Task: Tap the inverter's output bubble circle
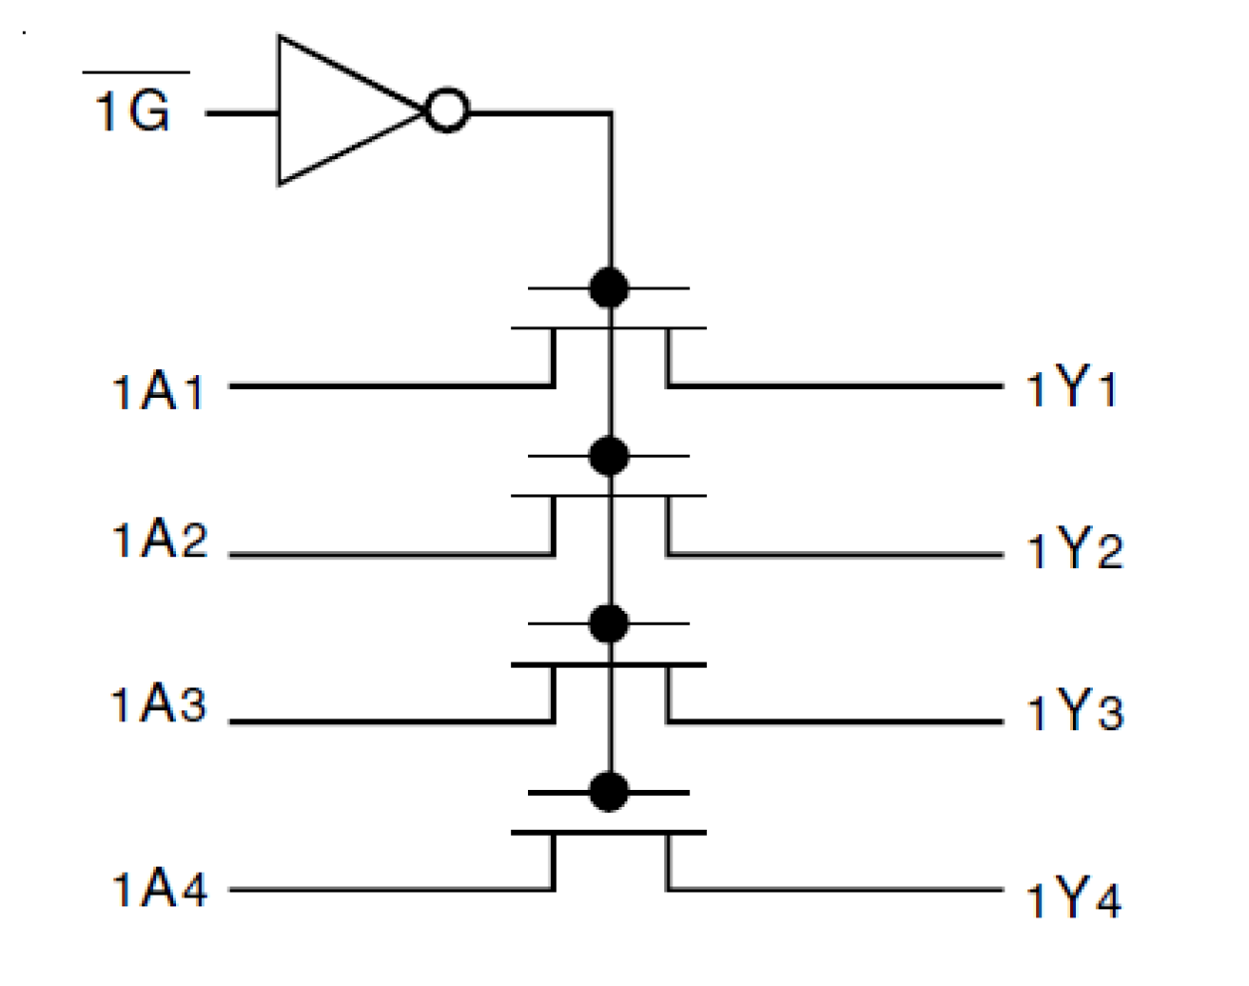coord(447,111)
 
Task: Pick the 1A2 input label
coord(159,540)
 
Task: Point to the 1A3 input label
coord(159,704)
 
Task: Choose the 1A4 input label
coord(159,888)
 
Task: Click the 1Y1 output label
coord(1072,387)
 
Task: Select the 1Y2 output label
coord(1074,549)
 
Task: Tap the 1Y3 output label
coord(1074,712)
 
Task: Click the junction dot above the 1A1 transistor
coord(609,289)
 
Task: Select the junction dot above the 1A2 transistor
coord(609,457)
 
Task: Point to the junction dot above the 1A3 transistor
coord(609,624)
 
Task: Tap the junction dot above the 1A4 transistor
coord(609,793)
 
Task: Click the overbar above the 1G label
coord(135,72)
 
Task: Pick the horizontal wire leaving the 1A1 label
coord(388,385)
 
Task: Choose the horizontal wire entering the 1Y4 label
coord(835,888)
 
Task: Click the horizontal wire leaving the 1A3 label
coord(388,721)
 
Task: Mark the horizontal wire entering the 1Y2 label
coord(835,554)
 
